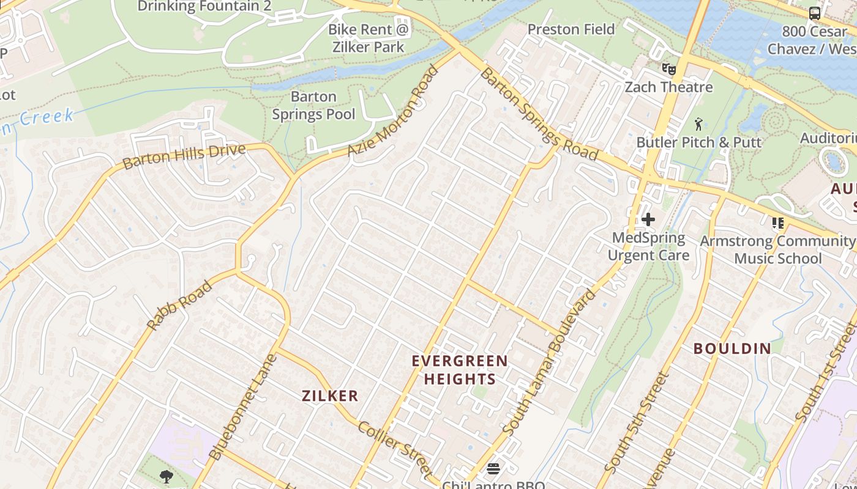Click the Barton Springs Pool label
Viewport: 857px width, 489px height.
click(313, 105)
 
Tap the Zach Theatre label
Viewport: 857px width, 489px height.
click(668, 87)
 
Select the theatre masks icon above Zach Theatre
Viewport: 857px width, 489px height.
click(668, 69)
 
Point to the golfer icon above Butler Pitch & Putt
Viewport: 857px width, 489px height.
click(698, 125)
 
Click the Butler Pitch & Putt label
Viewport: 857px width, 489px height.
click(698, 142)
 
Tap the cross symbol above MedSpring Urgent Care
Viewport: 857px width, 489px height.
click(648, 219)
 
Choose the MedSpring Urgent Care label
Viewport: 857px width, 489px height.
click(648, 246)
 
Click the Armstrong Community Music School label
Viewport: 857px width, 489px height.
click(778, 249)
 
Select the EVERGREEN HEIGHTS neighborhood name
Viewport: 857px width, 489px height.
click(460, 370)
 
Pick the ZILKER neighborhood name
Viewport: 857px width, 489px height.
click(330, 396)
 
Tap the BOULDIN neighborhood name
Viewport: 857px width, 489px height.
click(732, 349)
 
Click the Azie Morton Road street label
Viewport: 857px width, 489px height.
click(394, 111)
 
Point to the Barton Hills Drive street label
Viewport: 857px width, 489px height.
click(184, 156)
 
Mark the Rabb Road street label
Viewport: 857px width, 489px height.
click(180, 306)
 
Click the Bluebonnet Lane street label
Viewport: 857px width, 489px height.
click(242, 407)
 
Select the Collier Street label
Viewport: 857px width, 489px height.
click(395, 449)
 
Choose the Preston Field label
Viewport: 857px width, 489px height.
click(571, 29)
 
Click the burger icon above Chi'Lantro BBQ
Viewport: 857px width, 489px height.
click(493, 469)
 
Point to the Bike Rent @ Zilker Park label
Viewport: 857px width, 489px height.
click(368, 38)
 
